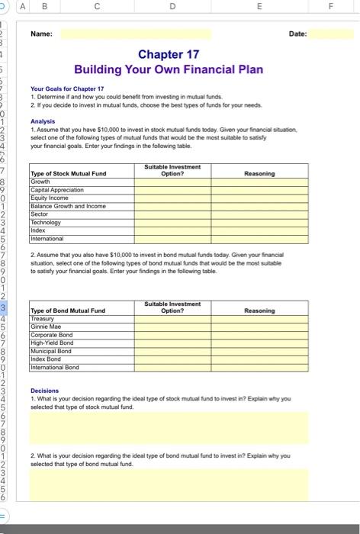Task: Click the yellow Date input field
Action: coord(331,34)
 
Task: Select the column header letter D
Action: coord(173,7)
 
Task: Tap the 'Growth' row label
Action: coord(40,182)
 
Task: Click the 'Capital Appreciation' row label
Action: coord(57,190)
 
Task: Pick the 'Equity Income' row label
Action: coord(49,198)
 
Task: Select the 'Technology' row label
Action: coord(46,223)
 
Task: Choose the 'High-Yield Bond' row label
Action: coord(52,343)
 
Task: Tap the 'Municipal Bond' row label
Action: coord(50,352)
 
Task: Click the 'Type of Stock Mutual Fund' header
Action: coord(68,173)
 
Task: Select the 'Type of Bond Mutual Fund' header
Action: coord(67,310)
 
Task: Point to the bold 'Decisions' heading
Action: coord(44,391)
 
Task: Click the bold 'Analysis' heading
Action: coord(43,121)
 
